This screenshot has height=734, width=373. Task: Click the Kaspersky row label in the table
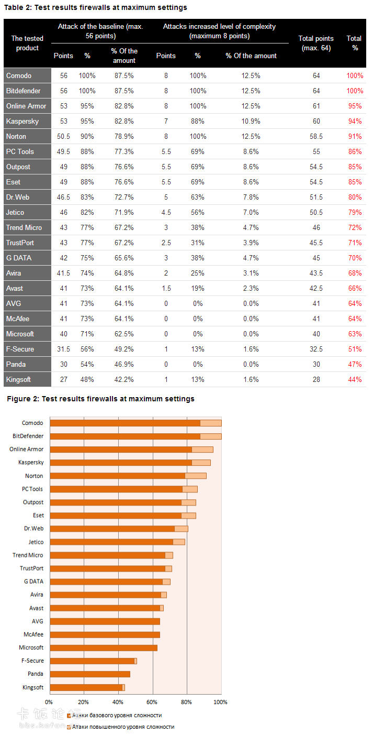click(22, 121)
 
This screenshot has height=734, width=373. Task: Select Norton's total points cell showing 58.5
click(316, 136)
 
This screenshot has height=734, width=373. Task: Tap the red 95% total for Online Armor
click(355, 106)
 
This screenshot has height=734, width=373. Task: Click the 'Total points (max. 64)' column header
click(316, 43)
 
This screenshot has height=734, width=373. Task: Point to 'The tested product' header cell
click(27, 43)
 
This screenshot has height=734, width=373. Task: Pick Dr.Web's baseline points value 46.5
click(64, 197)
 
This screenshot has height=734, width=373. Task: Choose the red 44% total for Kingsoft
click(355, 379)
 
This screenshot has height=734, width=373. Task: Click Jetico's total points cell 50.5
click(316, 212)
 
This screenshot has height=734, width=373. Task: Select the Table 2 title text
click(96, 8)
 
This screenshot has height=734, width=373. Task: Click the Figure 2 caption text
click(100, 399)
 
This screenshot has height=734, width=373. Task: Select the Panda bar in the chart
click(89, 674)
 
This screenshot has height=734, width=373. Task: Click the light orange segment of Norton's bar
click(196, 476)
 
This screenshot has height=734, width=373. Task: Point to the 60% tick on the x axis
click(152, 702)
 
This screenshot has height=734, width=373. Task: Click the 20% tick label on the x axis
click(83, 702)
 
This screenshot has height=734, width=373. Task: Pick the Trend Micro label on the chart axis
click(28, 555)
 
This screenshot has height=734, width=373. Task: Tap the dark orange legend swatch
click(69, 715)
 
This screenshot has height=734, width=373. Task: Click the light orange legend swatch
click(69, 727)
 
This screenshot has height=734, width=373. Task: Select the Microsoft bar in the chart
click(103, 648)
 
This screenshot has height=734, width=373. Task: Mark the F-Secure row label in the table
click(20, 349)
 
